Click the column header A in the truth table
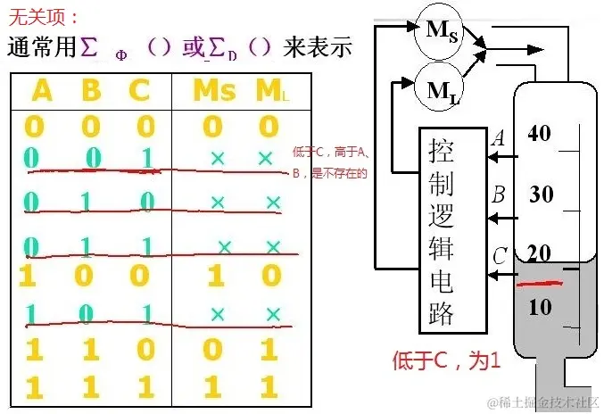click(42, 91)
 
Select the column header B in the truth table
click(91, 91)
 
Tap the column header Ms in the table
click(214, 91)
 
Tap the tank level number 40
click(540, 134)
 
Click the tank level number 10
click(541, 307)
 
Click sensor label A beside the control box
click(498, 138)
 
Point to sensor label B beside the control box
click(498, 194)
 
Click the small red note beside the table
click(328, 161)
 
